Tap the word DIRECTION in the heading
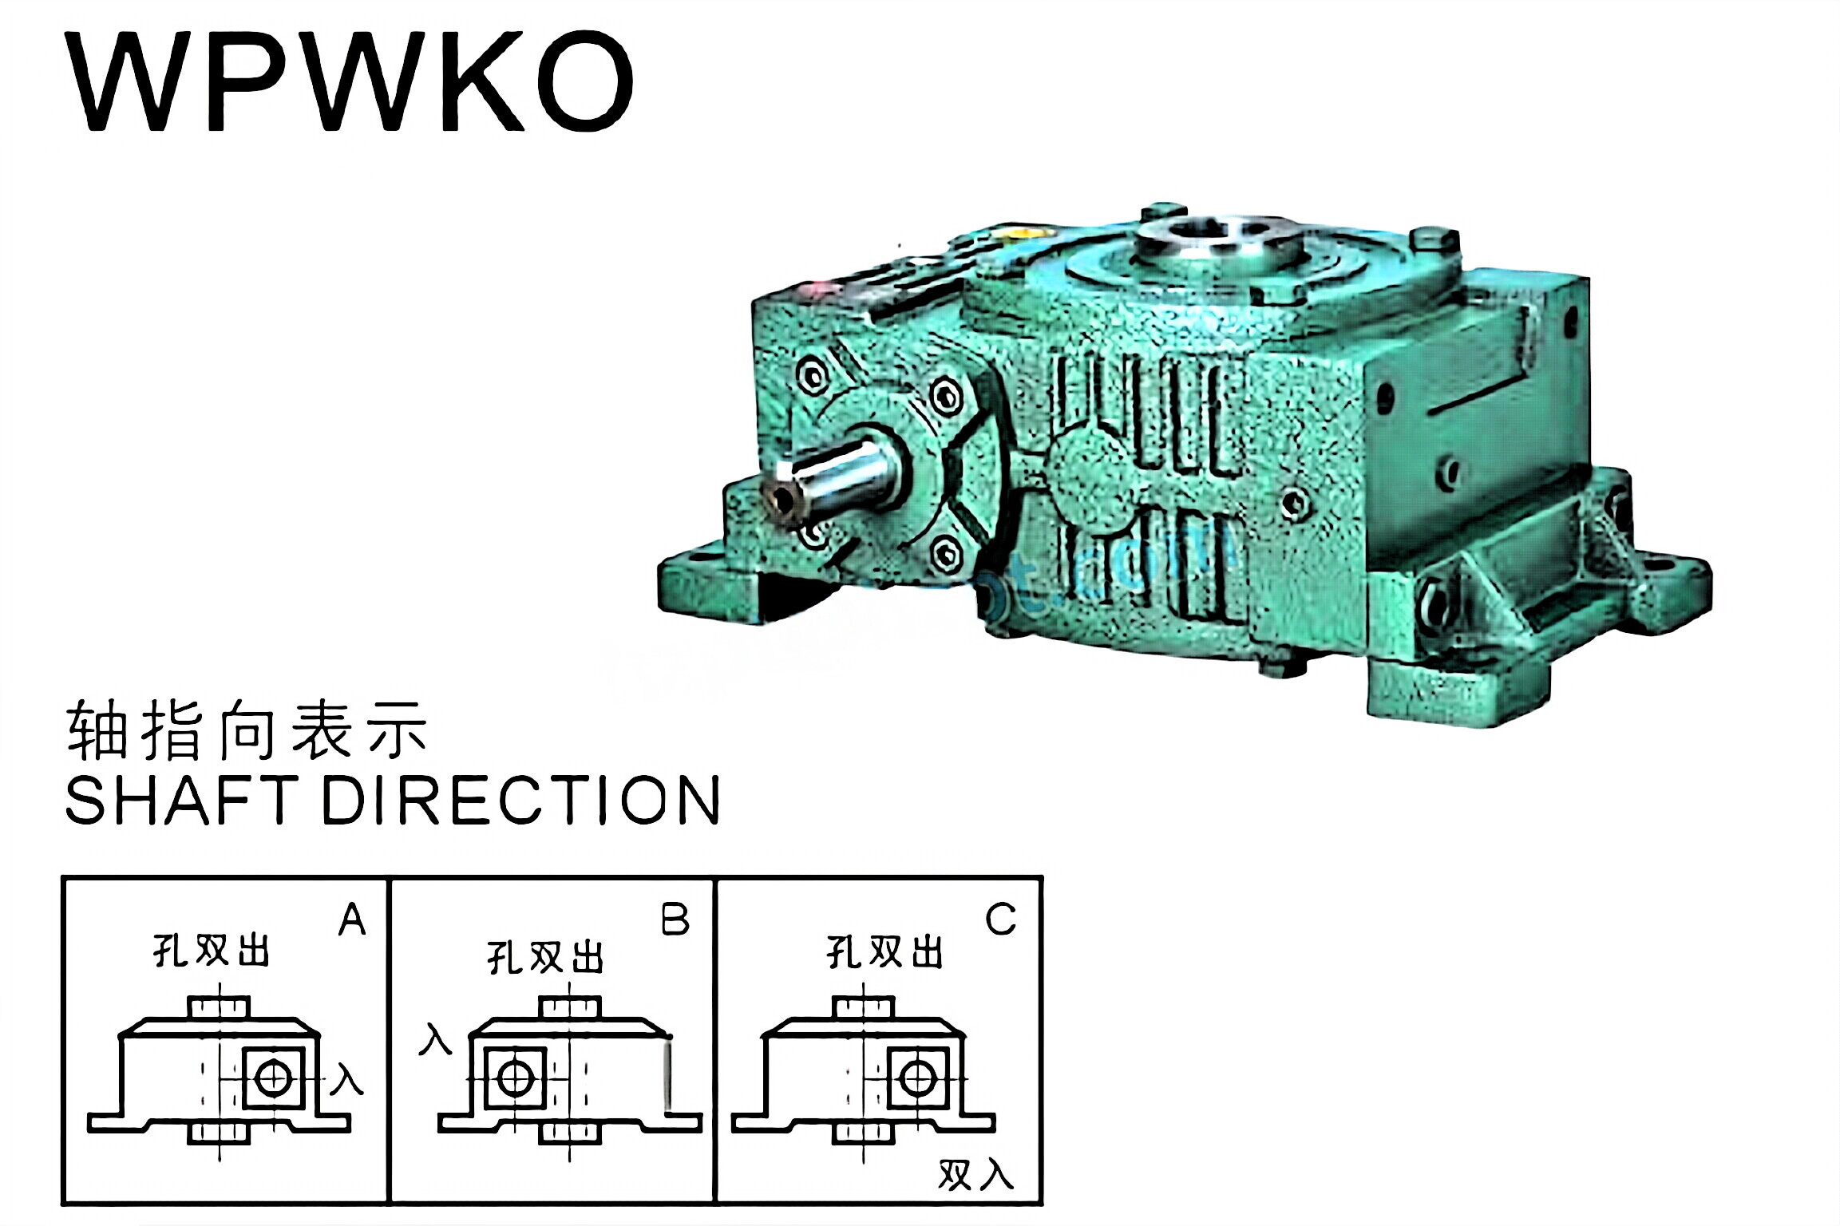tap(521, 800)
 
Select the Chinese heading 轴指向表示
tap(246, 730)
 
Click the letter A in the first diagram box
tap(352, 920)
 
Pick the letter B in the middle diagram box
tap(675, 920)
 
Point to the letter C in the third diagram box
tap(999, 919)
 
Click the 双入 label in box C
tap(975, 1174)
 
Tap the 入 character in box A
tap(346, 1079)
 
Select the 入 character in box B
tap(435, 1039)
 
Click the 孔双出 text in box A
tap(212, 951)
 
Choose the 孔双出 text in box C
tap(884, 952)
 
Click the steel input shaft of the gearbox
tap(838, 479)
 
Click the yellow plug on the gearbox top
tap(1022, 234)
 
